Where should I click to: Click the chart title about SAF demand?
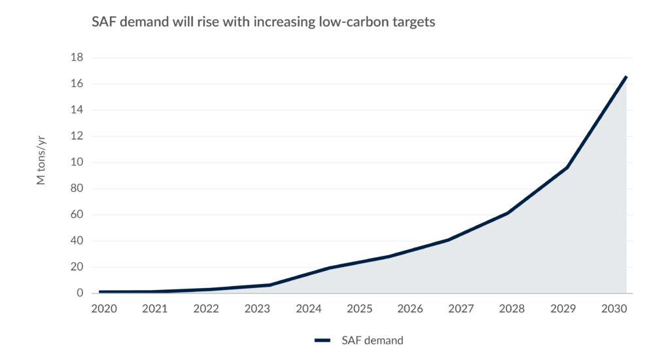tap(263, 22)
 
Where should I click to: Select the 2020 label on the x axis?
tap(103, 308)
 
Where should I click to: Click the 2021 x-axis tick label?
tap(154, 308)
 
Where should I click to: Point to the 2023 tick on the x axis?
tap(256, 308)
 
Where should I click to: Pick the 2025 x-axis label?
tap(359, 308)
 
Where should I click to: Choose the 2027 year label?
tap(461, 308)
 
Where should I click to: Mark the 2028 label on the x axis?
tap(512, 308)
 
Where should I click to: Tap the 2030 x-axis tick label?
tap(614, 308)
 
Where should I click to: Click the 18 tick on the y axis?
tap(77, 58)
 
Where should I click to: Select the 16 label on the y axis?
tap(77, 84)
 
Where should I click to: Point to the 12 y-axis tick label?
tap(77, 136)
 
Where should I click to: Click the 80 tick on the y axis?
tap(77, 189)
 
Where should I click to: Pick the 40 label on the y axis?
tap(77, 241)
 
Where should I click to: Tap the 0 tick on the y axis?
tap(80, 293)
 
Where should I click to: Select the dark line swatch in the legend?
tap(325, 340)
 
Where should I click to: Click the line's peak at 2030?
tap(626, 77)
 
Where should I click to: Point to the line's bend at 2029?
tap(567, 168)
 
